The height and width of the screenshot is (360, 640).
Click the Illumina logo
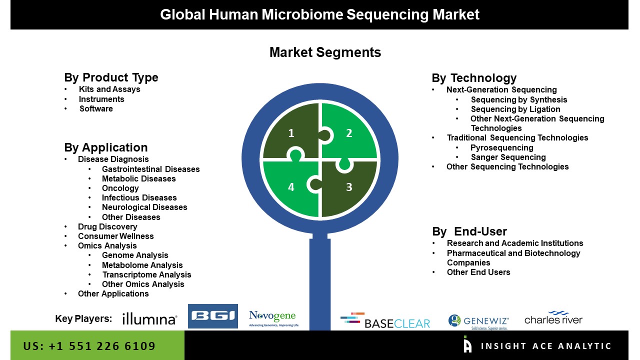tap(149, 319)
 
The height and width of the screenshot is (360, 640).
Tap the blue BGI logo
tap(213, 316)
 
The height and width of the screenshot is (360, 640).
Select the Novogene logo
tap(273, 318)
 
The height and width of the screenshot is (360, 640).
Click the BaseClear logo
tap(385, 320)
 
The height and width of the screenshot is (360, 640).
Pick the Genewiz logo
tap(478, 321)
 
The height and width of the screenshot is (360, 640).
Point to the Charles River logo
tap(553, 317)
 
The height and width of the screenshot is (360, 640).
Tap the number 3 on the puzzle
tap(349, 187)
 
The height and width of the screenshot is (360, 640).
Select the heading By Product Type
tap(111, 77)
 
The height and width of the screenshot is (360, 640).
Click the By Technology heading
tap(474, 77)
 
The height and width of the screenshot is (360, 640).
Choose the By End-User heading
tap(469, 231)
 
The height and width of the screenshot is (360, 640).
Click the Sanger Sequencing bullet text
tap(508, 157)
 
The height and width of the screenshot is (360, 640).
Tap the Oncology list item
tap(120, 188)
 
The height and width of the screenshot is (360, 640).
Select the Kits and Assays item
tap(109, 89)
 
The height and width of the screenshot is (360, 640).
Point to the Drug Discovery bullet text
tap(107, 226)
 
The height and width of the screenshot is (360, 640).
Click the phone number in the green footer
tap(89, 346)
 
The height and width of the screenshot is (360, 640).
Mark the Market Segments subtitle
tap(325, 52)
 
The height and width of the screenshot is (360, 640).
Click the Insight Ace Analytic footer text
tap(546, 346)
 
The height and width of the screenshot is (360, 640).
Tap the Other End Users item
tap(478, 272)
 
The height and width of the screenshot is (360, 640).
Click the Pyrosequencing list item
tap(501, 147)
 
